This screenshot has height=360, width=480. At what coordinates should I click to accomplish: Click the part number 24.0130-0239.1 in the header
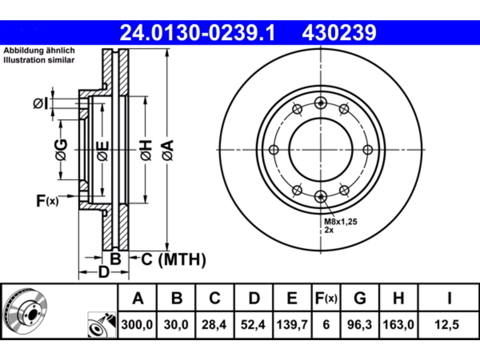[x=198, y=33]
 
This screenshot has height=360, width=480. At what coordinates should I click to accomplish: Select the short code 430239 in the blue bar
[x=339, y=33]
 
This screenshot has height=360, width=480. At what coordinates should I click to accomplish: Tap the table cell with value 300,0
[x=137, y=325]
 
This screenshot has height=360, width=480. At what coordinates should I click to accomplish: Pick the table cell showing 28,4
[x=214, y=325]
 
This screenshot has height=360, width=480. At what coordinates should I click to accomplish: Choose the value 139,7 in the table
[x=292, y=325]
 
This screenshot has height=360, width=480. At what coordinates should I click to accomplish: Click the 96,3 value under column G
[x=360, y=325]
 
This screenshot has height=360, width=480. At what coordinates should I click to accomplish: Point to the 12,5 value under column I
[x=447, y=325]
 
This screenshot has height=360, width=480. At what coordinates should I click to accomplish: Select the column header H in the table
[x=398, y=298]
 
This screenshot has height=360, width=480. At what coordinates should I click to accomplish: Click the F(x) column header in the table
[x=326, y=298]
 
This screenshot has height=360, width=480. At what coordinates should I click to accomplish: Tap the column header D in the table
[x=254, y=298]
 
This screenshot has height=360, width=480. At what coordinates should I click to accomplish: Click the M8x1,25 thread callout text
[x=340, y=222]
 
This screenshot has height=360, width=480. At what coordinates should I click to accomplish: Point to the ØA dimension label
[x=168, y=151]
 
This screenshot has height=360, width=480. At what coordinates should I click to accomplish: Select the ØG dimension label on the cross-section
[x=61, y=150]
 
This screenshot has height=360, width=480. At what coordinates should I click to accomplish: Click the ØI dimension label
[x=40, y=103]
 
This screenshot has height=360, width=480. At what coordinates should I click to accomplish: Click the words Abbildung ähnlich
[x=39, y=51]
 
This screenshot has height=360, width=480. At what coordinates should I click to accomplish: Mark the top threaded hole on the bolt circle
[x=321, y=103]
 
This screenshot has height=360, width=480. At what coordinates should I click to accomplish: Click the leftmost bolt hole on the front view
[x=274, y=150]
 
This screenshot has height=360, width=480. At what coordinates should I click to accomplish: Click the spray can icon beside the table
[x=102, y=325]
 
